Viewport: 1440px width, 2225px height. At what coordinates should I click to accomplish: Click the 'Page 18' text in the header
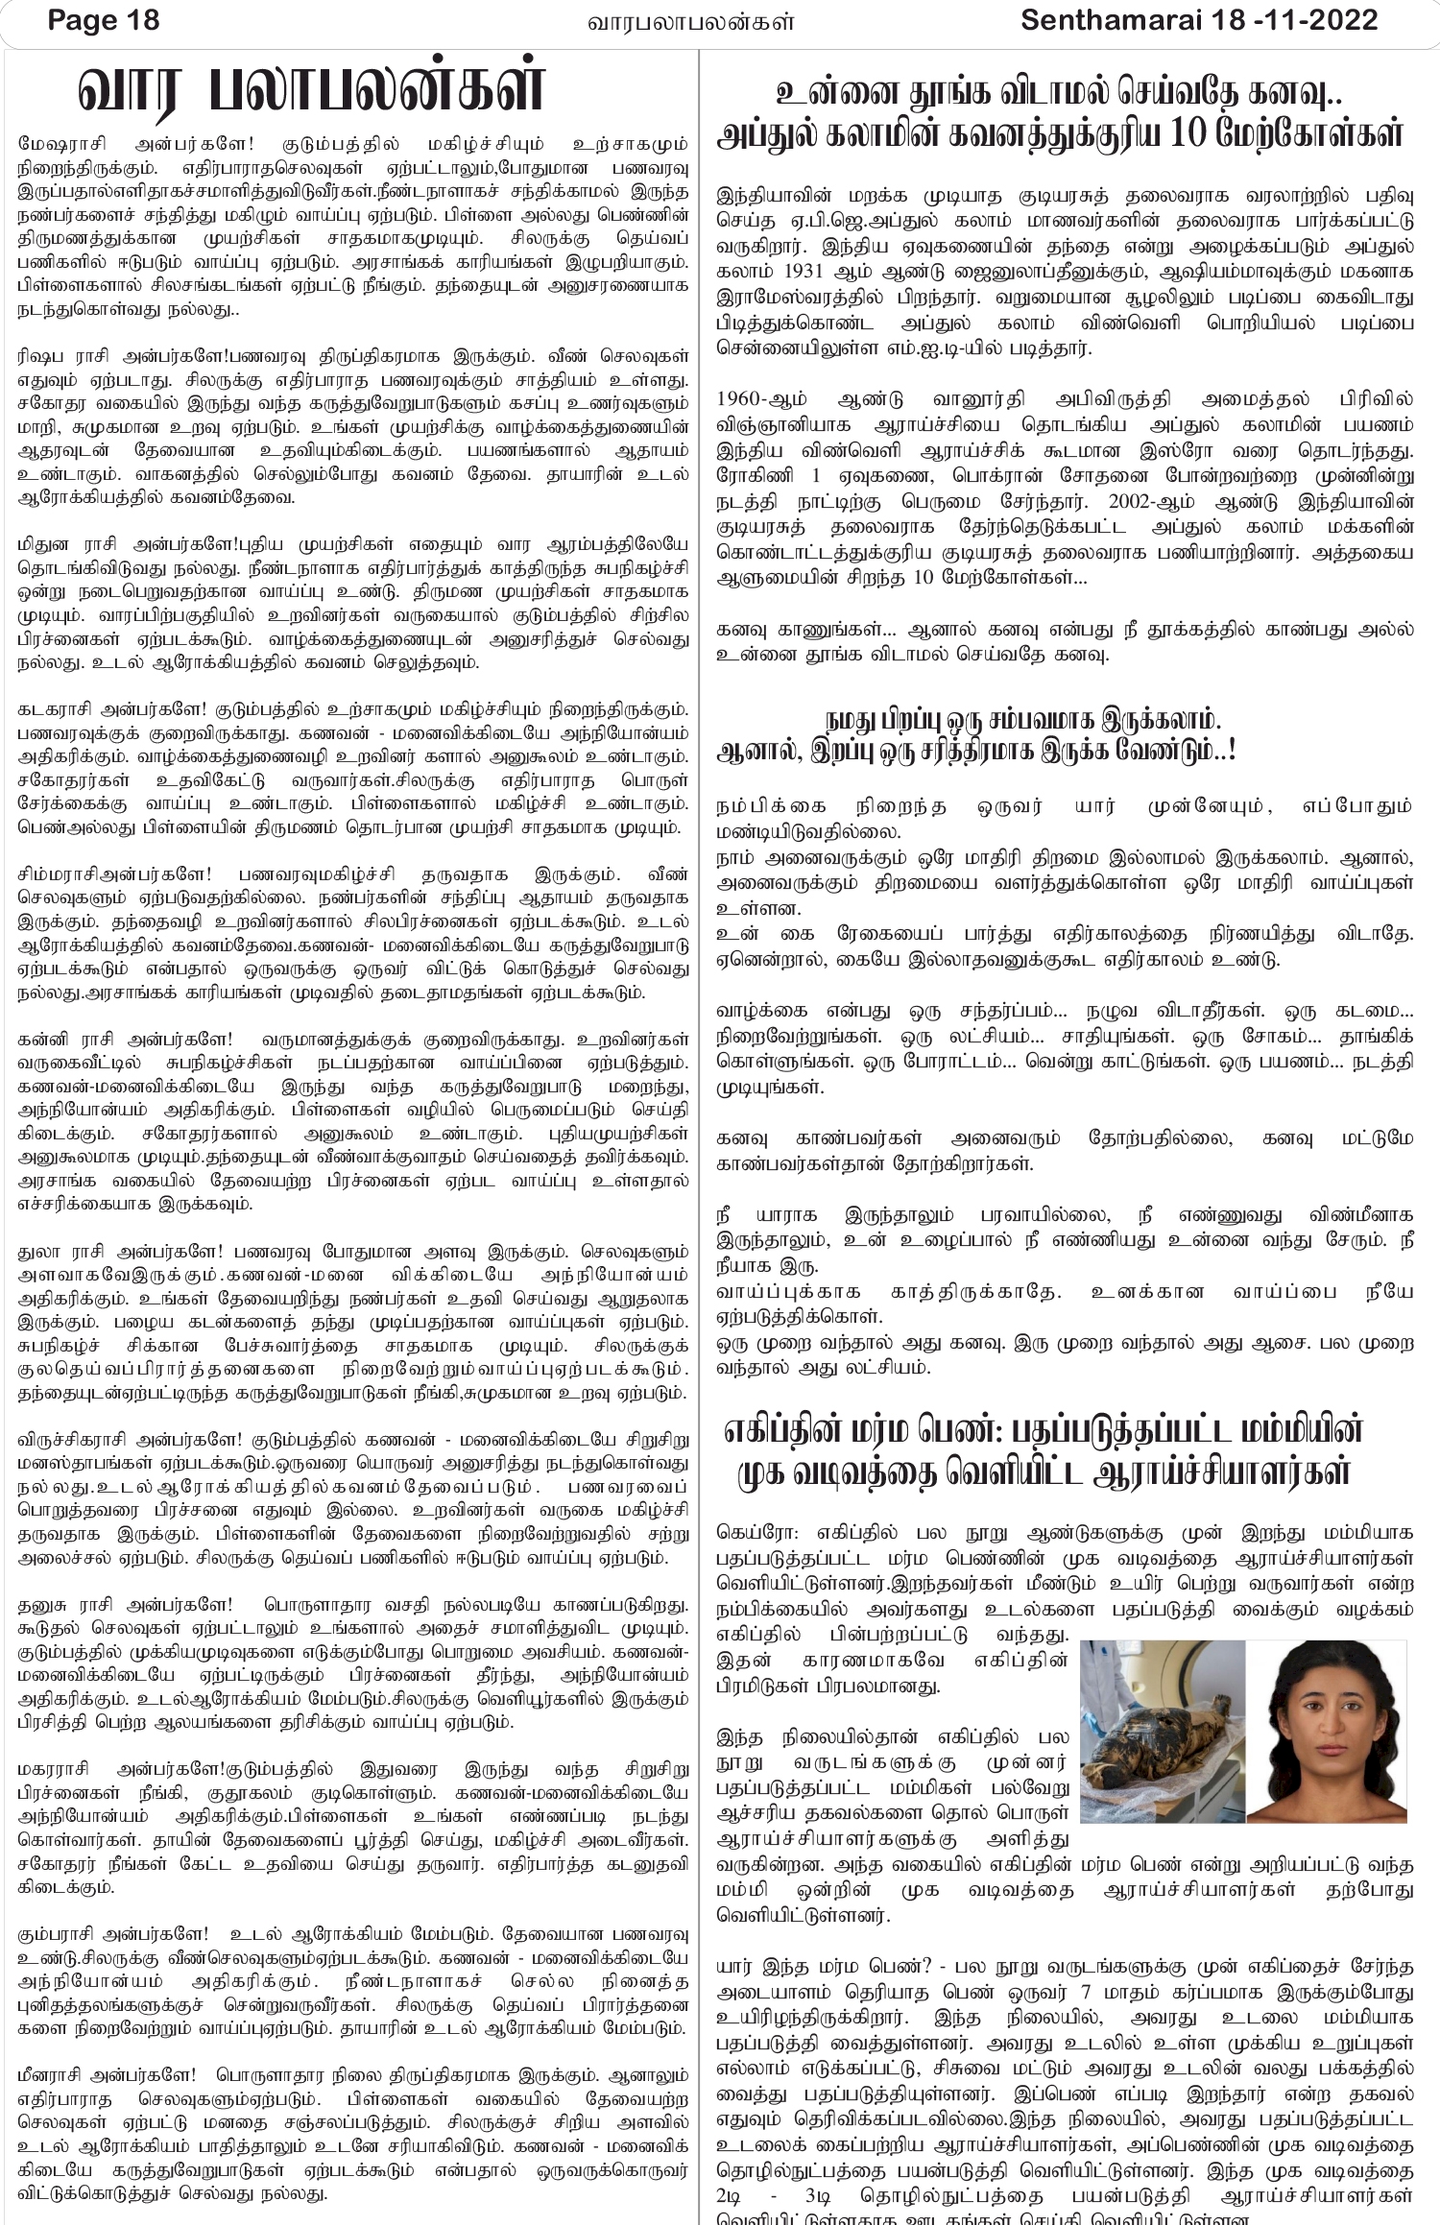104,20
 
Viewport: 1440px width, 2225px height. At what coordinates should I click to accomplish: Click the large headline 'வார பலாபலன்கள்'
312,91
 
